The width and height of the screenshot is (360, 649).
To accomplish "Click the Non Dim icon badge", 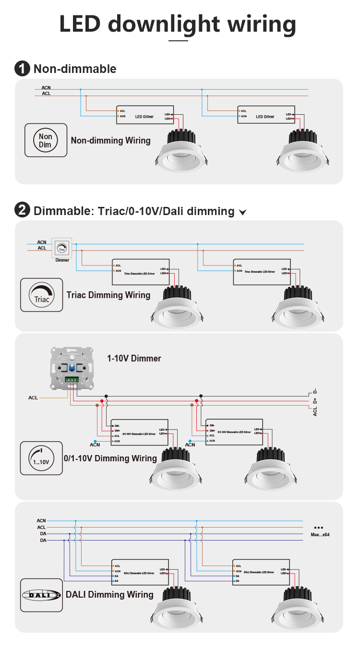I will point(46,140).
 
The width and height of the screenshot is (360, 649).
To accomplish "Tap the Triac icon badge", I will point(42,295).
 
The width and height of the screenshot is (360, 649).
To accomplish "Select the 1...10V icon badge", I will point(41,458).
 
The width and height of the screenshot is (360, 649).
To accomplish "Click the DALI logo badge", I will point(42,595).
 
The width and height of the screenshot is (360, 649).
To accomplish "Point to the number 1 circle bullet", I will point(22,69).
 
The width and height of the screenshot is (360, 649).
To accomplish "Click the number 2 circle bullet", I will point(22,211).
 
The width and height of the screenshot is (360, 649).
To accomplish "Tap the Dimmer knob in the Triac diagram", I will point(62,248).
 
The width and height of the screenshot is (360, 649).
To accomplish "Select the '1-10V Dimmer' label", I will point(134,359).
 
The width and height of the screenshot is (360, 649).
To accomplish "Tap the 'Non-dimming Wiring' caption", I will point(110,141).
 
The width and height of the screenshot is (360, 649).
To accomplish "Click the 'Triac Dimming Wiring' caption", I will point(108,295).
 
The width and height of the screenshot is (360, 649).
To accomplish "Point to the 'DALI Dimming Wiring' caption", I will point(109,595).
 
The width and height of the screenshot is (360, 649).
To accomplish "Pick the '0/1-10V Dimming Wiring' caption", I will point(110,458).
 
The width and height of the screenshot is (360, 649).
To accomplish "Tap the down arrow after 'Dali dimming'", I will point(242,212).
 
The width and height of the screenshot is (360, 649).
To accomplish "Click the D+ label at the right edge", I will point(315,401).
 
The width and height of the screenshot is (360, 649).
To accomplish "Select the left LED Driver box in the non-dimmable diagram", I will point(144,116).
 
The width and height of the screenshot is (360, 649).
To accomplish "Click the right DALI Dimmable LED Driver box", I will point(261,572).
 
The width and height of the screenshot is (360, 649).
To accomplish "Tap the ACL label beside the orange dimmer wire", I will point(33,398).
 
